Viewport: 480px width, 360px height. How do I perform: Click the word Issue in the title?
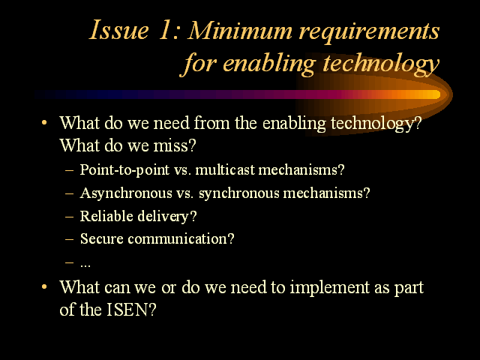click(119, 30)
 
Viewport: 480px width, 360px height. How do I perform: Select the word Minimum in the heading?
click(240, 31)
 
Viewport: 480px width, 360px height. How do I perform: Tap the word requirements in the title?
click(370, 32)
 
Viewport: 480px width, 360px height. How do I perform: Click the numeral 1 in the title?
click(165, 30)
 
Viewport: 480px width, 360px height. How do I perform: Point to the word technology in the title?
click(381, 64)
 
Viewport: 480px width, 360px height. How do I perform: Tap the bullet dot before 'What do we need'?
click(44, 123)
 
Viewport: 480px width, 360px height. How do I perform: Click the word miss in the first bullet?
click(172, 145)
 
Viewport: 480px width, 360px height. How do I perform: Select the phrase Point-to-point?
click(124, 170)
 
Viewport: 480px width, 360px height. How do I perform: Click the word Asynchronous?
click(126, 193)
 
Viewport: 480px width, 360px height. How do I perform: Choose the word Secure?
click(102, 238)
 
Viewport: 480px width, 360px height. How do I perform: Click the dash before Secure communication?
click(70, 239)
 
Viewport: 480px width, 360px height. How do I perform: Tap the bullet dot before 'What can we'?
click(44, 286)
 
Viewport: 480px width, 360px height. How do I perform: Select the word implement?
click(330, 288)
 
